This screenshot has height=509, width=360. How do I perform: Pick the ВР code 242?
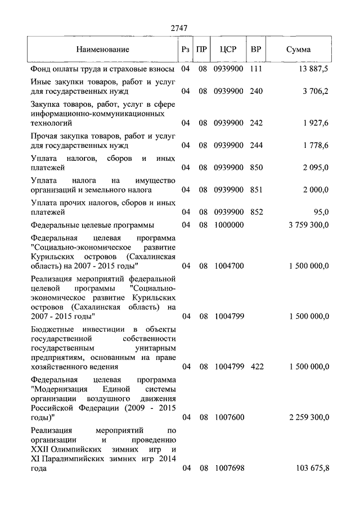[x=256, y=122]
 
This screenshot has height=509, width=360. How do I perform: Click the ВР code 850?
[x=256, y=168]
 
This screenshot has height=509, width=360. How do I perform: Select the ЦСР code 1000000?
[x=228, y=225]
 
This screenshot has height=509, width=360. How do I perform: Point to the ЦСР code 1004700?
[x=228, y=265]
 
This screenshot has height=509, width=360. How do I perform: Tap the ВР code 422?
[x=256, y=367]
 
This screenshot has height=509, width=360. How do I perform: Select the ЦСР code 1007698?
[x=228, y=468]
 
